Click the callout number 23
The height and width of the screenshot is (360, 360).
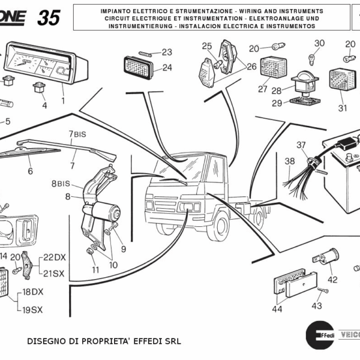click(166, 52)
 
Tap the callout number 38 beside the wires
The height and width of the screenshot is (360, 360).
click(290, 161)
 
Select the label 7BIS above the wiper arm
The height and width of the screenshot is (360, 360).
click(77, 134)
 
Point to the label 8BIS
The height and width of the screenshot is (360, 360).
click(61, 184)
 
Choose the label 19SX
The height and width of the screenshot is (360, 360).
click(32, 310)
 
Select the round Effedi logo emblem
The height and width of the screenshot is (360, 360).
click(319, 334)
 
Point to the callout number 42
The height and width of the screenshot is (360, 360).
click(332, 279)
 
